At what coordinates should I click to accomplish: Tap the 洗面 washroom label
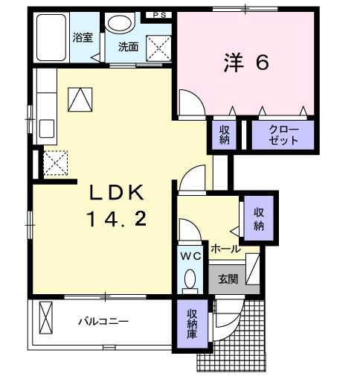(128, 46)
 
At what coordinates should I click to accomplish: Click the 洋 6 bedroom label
(245, 63)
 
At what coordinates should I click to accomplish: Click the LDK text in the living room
(115, 193)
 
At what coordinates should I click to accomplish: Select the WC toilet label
(190, 255)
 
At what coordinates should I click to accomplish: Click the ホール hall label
(225, 248)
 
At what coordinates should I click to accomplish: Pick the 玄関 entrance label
(227, 280)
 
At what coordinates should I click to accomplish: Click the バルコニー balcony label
(104, 322)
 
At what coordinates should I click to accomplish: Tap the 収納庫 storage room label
(192, 324)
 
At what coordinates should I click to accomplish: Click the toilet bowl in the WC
(190, 280)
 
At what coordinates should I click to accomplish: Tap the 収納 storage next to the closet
(225, 135)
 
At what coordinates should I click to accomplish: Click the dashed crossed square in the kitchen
(55, 162)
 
